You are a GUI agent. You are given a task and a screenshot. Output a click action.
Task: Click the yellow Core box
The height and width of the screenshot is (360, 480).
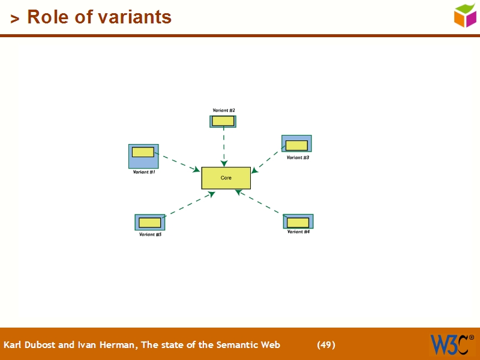tap(226, 178)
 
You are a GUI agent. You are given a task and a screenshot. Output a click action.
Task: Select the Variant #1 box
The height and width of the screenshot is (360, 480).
tap(143, 156)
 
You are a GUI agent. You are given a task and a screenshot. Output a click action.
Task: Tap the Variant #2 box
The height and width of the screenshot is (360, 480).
tap(223, 121)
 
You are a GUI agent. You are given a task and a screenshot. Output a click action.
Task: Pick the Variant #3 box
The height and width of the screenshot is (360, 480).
tap(296, 144)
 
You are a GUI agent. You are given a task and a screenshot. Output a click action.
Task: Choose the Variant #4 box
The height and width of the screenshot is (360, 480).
tap(298, 221)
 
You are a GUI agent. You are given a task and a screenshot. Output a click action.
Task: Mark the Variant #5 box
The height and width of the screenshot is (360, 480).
tap(150, 222)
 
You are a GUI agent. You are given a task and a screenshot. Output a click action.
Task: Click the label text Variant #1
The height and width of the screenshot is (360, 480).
tap(144, 172)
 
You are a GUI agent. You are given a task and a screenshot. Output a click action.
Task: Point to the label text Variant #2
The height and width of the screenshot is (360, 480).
tap(223, 110)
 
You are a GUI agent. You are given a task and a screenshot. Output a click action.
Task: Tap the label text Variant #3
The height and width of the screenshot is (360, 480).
tap(298, 158)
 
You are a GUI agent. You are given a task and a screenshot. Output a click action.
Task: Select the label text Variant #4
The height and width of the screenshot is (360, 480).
tap(298, 232)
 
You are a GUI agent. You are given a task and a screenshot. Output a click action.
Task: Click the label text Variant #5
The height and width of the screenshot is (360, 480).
tap(150, 235)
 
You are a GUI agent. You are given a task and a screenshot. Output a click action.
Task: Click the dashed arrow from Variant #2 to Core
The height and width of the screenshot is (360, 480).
tap(224, 146)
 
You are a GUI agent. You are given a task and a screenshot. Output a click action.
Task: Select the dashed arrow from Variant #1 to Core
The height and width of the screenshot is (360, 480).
tap(178, 163)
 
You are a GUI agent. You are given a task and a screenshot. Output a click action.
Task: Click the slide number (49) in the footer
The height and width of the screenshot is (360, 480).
tap(326, 345)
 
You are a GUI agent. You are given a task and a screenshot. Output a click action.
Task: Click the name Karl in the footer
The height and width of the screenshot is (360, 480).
tap(13, 345)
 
